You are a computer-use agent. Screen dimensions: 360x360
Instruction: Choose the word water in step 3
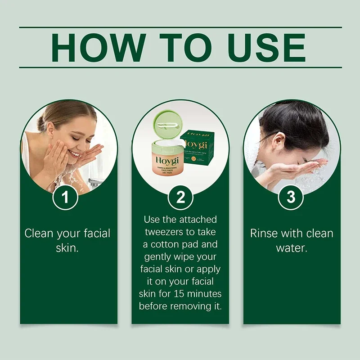(291, 247)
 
